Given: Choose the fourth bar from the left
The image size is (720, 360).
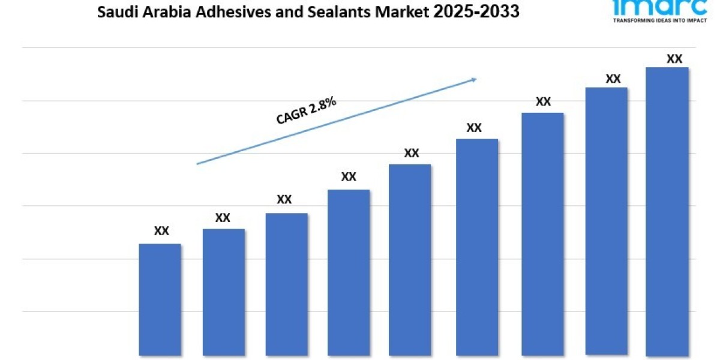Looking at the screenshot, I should pos(349,272).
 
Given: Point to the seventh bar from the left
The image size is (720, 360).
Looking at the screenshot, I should pos(542,234).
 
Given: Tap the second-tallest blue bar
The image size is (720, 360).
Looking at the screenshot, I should pos(606,221).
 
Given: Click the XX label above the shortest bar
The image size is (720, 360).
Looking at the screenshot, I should pos(161,231).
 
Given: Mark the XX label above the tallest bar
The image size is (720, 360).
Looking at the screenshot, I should pos(674,59).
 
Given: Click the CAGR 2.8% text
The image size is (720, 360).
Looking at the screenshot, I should pos(306,111).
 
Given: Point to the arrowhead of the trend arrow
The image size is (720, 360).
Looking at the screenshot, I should pos(474,79).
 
